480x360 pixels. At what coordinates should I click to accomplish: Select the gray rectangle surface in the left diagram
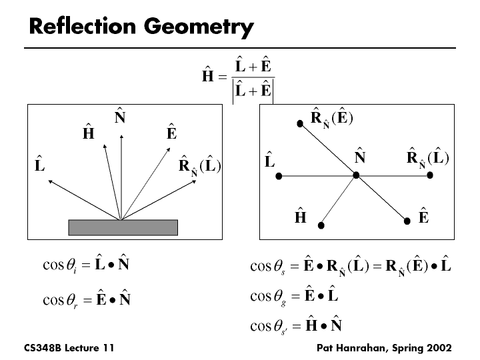(x=123, y=227)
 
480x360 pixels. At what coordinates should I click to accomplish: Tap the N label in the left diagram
(x=121, y=119)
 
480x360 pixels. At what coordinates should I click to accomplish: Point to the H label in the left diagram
(x=88, y=134)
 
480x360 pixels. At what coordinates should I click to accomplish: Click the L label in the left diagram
(x=40, y=165)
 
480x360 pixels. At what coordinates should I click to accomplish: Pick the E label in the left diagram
(x=171, y=134)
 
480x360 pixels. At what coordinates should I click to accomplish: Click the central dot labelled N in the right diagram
(x=357, y=175)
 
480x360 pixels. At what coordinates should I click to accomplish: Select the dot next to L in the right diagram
(x=279, y=176)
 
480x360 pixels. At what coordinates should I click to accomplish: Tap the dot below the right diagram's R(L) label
(x=431, y=175)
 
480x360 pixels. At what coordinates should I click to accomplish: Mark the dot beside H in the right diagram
(x=321, y=226)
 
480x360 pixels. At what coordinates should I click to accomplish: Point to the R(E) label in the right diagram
(x=332, y=119)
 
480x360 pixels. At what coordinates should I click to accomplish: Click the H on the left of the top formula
(x=208, y=79)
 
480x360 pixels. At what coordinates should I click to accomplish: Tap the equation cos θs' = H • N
(x=296, y=326)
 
